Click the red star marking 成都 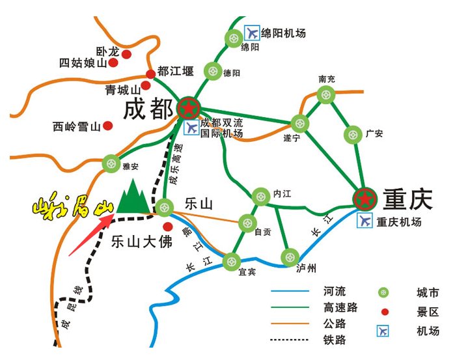pyautogui.click(x=189, y=107)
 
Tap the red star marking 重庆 pyautogui.click(x=365, y=198)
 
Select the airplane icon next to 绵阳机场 pyautogui.click(x=251, y=32)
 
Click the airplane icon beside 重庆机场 pyautogui.click(x=365, y=221)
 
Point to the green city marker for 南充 pyautogui.click(x=325, y=95)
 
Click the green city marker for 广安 pyautogui.click(x=352, y=135)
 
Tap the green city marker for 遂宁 pyautogui.click(x=299, y=122)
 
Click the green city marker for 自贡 pyautogui.click(x=247, y=223)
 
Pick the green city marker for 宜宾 pyautogui.click(x=232, y=262)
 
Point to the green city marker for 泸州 pyautogui.click(x=289, y=256)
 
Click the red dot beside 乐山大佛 pyautogui.click(x=168, y=227)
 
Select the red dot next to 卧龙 pyautogui.click(x=126, y=53)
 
